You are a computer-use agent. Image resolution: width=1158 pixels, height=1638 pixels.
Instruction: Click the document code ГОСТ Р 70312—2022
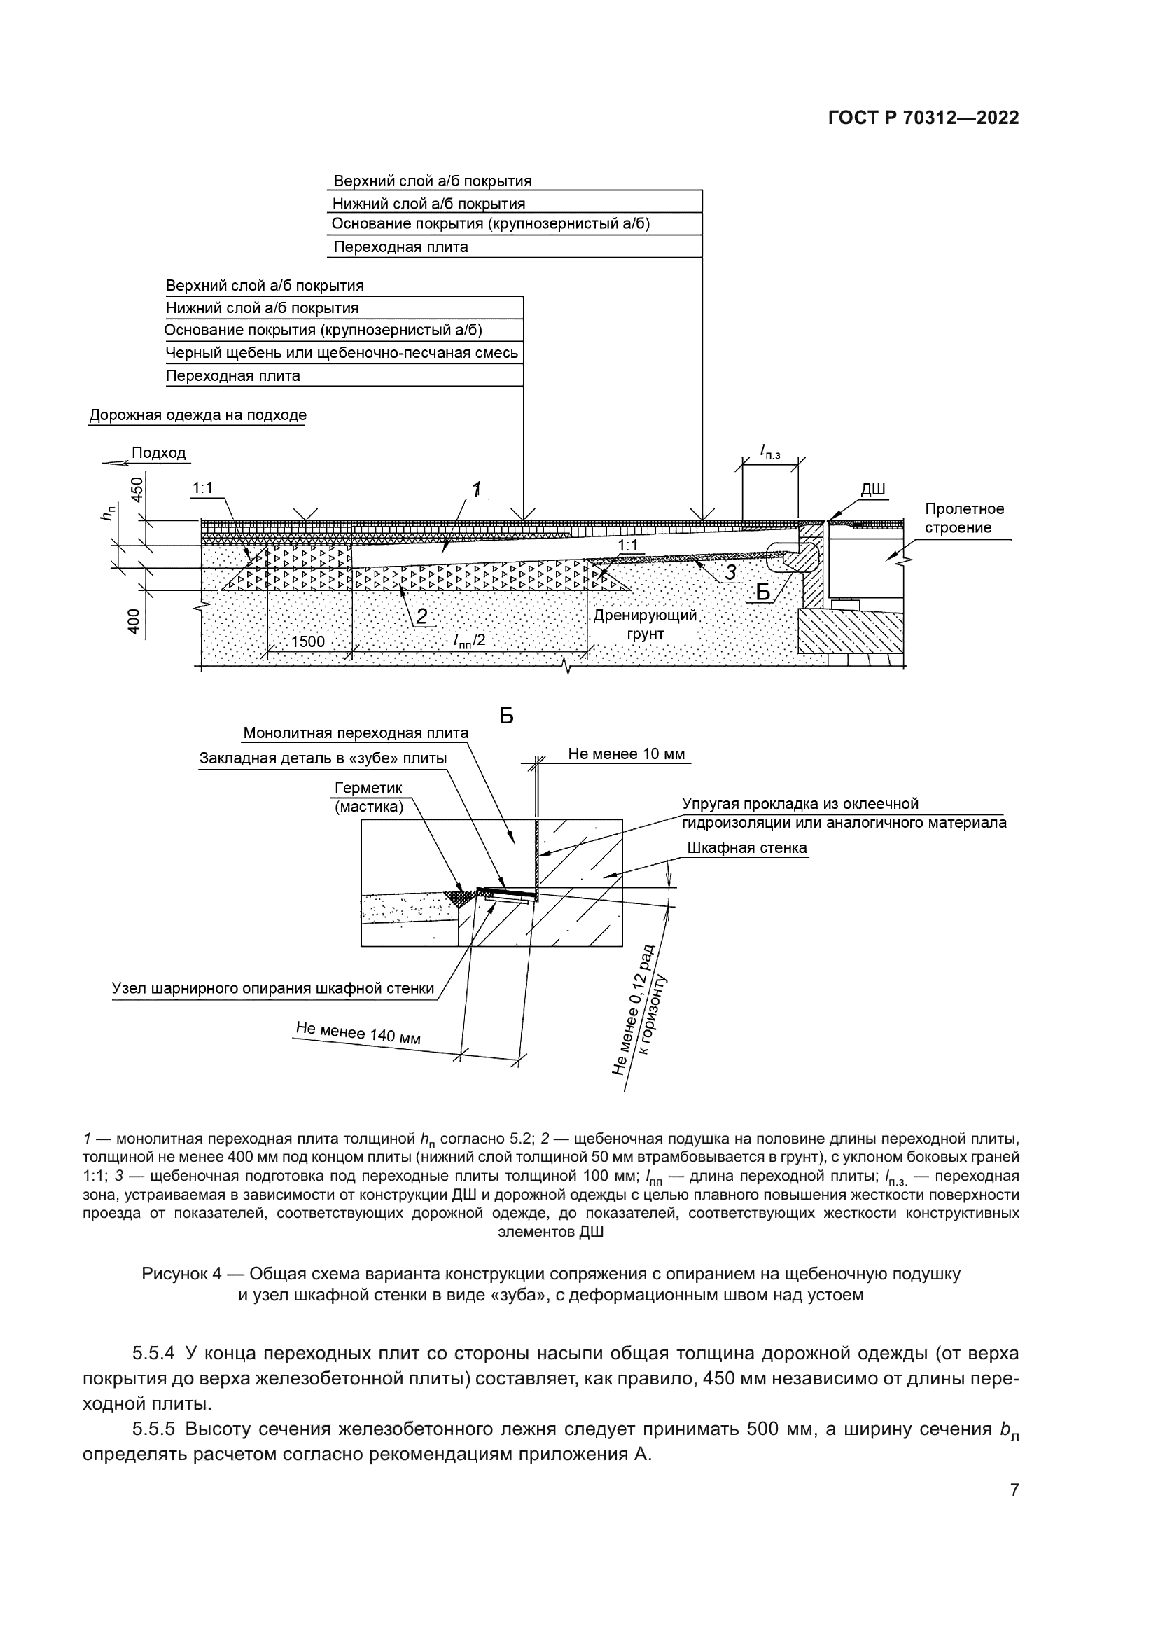click(x=923, y=118)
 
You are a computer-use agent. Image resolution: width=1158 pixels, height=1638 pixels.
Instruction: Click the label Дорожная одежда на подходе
click(x=197, y=415)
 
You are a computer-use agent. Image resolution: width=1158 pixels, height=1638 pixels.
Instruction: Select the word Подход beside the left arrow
click(x=158, y=453)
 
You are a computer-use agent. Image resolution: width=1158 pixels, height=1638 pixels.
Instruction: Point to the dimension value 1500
click(x=307, y=641)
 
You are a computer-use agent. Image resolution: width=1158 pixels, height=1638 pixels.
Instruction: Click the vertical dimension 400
click(x=134, y=621)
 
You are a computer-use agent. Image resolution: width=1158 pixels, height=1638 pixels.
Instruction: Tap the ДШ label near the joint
click(x=873, y=490)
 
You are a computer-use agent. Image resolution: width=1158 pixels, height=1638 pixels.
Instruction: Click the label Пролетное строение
click(x=964, y=518)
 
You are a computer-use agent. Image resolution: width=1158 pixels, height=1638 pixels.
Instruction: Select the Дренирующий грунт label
click(x=645, y=624)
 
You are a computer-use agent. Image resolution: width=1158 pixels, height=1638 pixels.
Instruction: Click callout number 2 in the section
click(x=421, y=616)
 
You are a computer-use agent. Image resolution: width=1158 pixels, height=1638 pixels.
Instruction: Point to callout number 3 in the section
click(x=730, y=572)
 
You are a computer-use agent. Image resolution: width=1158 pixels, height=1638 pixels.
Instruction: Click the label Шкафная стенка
click(x=746, y=847)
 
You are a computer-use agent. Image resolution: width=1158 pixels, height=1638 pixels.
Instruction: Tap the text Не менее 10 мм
click(x=626, y=754)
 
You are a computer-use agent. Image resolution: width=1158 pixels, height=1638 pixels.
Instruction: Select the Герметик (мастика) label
click(x=369, y=797)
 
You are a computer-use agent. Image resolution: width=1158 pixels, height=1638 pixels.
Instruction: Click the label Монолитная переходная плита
click(x=356, y=733)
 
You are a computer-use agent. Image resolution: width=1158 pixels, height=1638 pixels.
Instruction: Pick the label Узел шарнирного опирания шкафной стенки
click(x=273, y=988)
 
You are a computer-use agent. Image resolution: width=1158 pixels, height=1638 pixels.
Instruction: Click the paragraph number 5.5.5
click(x=153, y=1429)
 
